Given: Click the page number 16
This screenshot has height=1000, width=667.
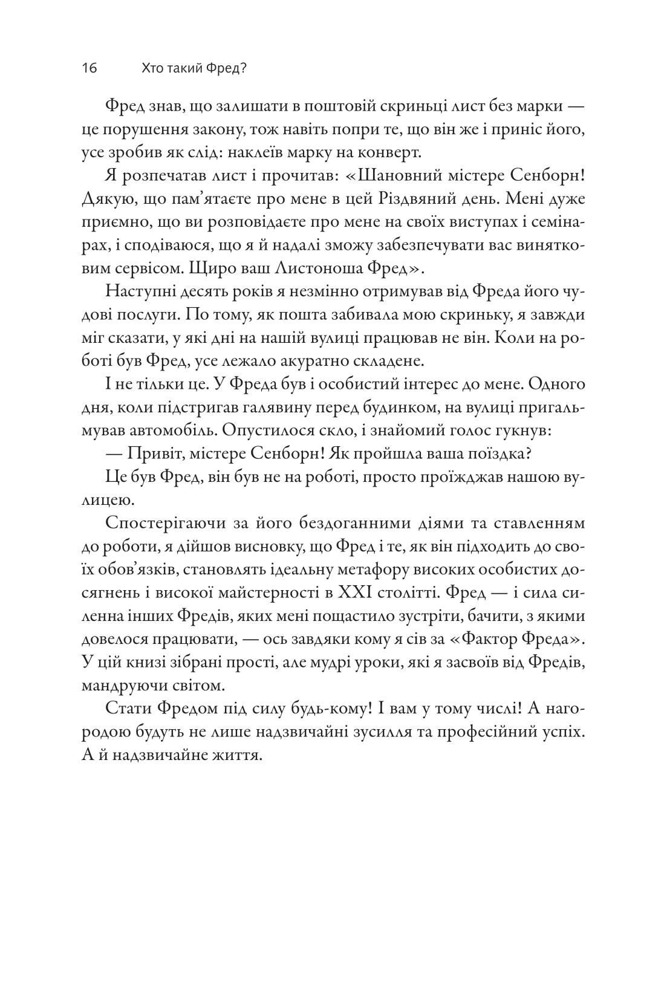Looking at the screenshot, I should pos(89,69).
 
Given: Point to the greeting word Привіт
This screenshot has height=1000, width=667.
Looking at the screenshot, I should pos(152,453).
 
